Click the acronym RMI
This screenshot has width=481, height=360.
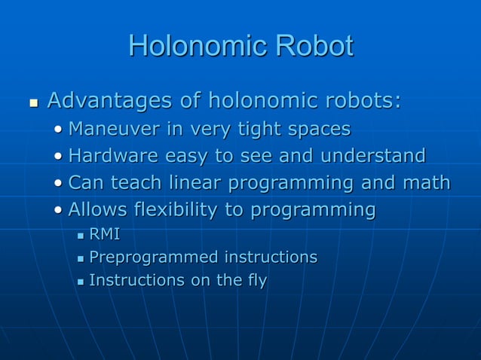point(105,235)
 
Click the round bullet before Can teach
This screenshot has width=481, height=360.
point(59,184)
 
